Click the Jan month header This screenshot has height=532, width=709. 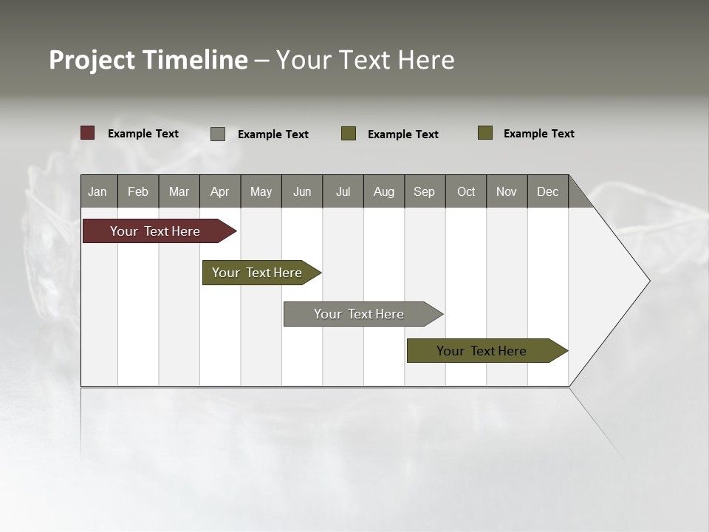click(97, 191)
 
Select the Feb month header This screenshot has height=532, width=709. click(138, 191)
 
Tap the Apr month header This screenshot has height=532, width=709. click(219, 191)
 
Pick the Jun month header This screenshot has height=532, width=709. click(301, 191)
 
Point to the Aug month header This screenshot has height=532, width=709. click(383, 191)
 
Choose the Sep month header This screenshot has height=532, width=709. click(424, 191)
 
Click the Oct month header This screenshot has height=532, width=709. click(465, 191)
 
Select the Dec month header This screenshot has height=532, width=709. click(547, 191)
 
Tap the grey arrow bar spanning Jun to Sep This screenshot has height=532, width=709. click(360, 314)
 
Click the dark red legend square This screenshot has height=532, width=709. click(88, 133)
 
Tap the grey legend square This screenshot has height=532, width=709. click(218, 134)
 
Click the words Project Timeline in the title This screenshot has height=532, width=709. click(148, 60)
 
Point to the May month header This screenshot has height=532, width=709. click(261, 191)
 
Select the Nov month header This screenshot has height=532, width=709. click(506, 191)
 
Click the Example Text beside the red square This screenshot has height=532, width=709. click(143, 134)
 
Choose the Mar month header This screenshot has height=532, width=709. click(179, 191)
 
